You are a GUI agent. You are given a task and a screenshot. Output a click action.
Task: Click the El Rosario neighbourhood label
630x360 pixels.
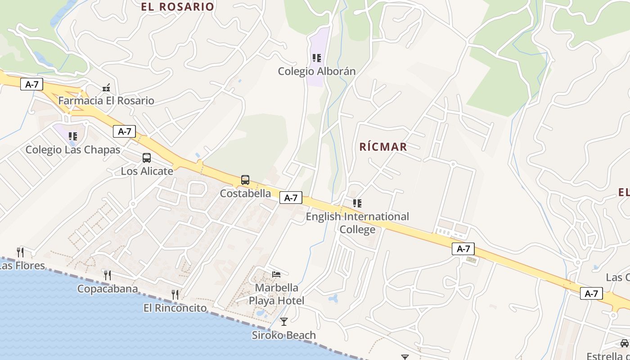point(177,7)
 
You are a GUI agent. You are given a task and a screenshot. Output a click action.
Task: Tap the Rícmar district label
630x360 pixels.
point(383,147)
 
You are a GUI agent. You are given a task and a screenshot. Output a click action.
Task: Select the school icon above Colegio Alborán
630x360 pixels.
point(317,58)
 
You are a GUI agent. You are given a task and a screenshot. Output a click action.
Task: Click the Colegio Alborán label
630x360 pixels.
point(317,71)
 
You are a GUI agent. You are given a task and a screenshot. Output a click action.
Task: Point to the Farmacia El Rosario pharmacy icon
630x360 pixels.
point(106,88)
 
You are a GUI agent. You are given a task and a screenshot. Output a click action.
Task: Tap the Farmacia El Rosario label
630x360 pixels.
point(106,100)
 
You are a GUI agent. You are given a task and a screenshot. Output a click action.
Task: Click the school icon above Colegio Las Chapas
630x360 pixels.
point(73,136)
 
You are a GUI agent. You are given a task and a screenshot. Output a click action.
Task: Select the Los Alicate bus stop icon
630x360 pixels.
point(147,158)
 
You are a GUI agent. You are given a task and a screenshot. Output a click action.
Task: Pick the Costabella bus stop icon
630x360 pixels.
point(245,180)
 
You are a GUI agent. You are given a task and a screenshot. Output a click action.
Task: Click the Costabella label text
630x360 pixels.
point(245,193)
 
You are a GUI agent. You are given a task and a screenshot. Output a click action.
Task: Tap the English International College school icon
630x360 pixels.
point(357,203)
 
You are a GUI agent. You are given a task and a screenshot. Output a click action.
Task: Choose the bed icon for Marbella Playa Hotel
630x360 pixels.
point(276,274)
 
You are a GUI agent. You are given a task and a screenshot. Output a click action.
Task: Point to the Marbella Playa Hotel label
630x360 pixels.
point(277,294)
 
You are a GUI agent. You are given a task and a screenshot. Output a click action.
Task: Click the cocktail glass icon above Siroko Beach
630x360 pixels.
point(284,321)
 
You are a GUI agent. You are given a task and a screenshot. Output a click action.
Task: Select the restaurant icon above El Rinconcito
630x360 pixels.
point(175,295)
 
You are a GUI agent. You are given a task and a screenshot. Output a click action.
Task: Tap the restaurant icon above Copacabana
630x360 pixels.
point(108,275)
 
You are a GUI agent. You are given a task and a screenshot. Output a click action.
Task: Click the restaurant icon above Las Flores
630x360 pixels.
point(20,252)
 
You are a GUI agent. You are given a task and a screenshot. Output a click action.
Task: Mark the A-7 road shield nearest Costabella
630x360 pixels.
point(291,198)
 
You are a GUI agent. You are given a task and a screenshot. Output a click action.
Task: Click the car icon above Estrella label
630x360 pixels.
point(625,343)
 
